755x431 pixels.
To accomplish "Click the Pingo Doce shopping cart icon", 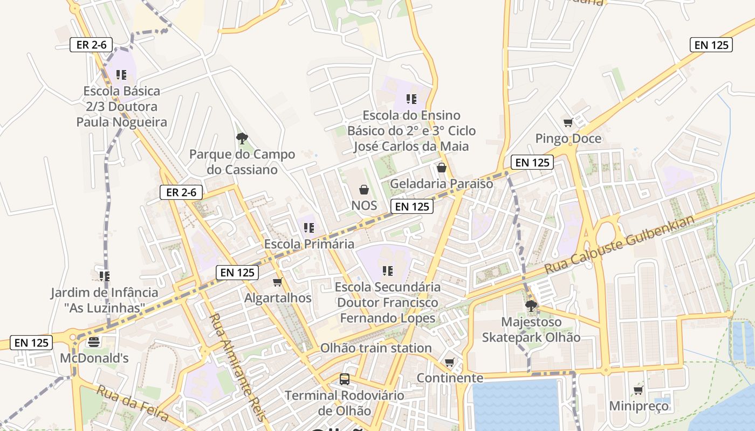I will tap(568, 123).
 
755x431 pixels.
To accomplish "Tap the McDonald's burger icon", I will tap(94, 342).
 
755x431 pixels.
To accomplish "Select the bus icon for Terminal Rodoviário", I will tap(345, 379).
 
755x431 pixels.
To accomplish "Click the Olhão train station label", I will tap(376, 348).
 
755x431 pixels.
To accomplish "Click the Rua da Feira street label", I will tap(133, 402).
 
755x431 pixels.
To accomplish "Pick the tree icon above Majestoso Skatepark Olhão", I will tap(531, 306).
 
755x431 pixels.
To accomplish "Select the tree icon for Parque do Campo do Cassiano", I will tap(242, 138).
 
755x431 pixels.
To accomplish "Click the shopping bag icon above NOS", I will tap(364, 190).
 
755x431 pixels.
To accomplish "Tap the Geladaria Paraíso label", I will tap(441, 184).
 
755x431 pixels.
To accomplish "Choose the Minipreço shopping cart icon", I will tap(639, 390).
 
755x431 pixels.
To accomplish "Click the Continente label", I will tap(450, 378).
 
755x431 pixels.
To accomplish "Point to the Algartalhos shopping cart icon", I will tap(278, 282).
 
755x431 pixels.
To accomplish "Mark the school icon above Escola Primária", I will tap(309, 228).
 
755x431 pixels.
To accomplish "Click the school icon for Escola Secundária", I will tap(387, 270).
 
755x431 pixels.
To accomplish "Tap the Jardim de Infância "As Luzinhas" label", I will tap(105, 300).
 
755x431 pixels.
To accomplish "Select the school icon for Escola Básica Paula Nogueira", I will tap(121, 75).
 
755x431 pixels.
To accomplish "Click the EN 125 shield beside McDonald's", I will tap(31, 343).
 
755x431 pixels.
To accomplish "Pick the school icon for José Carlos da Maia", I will tap(411, 99).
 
